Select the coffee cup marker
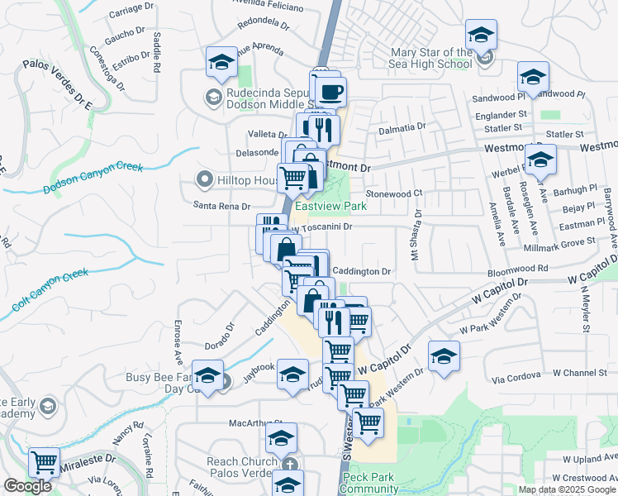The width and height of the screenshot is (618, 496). tap(330, 92)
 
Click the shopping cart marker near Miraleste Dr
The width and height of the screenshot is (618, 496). tap(44, 462)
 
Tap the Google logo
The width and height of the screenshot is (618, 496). tap(27, 486)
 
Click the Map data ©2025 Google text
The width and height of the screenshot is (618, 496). tap(567, 489)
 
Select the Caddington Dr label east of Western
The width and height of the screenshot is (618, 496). tap(361, 271)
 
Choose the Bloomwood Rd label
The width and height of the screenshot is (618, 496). tap(518, 269)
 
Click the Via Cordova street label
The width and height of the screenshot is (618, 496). tap(514, 379)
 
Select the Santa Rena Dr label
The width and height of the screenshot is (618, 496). tap(221, 206)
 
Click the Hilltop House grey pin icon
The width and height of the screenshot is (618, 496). tap(203, 179)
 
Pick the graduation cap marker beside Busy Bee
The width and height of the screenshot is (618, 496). tap(207, 375)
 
